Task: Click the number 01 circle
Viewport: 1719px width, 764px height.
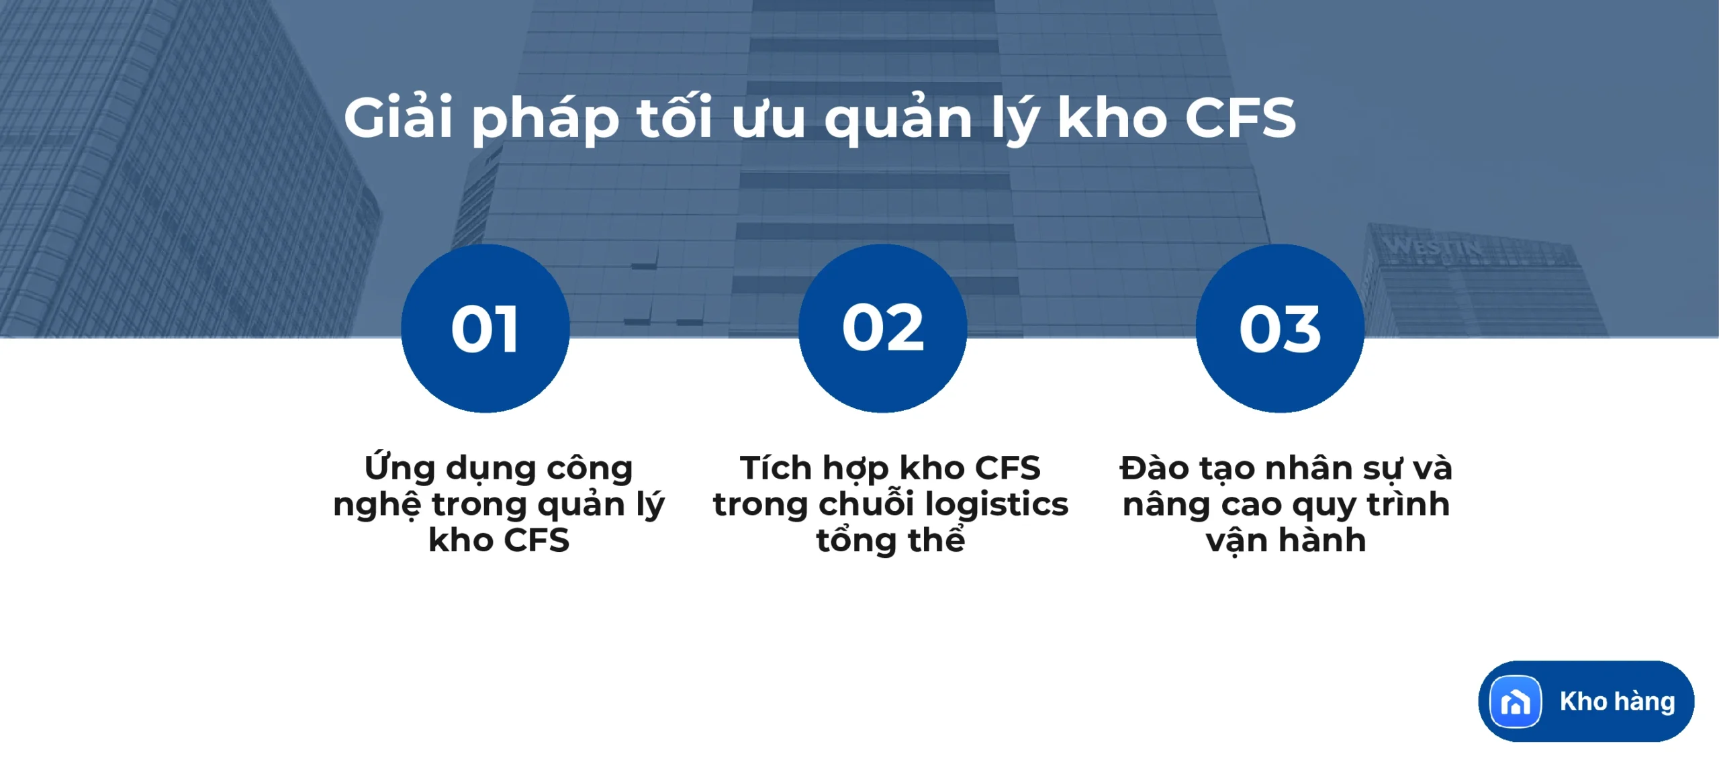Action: point(485,328)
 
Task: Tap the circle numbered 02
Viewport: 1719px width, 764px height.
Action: point(882,328)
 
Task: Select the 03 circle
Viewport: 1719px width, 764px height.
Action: point(1280,328)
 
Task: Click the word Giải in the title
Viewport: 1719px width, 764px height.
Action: point(398,117)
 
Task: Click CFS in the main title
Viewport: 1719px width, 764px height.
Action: point(1240,117)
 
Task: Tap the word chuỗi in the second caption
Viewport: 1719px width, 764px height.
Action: point(866,504)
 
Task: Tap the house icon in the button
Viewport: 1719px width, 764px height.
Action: point(1515,702)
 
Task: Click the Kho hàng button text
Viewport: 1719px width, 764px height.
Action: point(1617,702)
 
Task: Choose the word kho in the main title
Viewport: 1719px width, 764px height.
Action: point(1111,117)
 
